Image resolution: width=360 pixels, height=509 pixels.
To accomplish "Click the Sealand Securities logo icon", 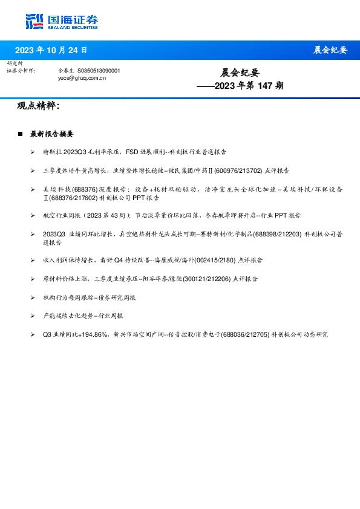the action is coord(34,22).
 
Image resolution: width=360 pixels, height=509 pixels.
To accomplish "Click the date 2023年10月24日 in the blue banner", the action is coord(51,50).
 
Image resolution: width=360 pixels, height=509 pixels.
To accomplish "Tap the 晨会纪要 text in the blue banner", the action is coord(330,50).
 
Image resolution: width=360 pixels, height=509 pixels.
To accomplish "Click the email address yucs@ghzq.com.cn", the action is coord(82,78).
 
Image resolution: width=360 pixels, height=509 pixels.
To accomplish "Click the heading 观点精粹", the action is coord(38,106).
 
